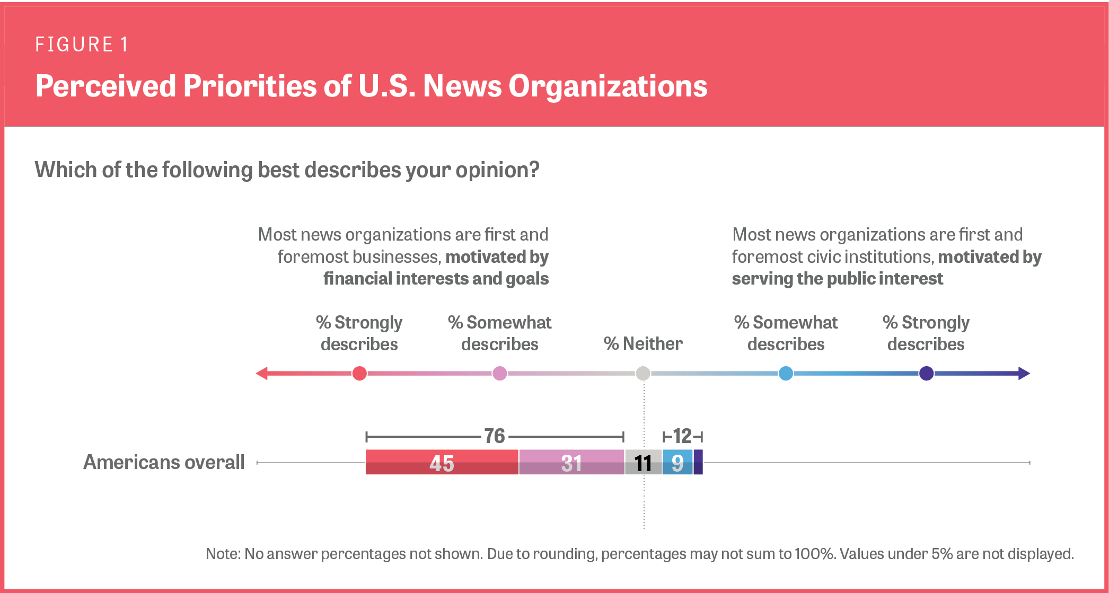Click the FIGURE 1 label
[x=82, y=45]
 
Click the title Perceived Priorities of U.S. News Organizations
[x=371, y=86]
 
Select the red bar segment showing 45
[x=441, y=463]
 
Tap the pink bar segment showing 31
[x=571, y=463]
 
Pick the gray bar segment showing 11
[x=643, y=463]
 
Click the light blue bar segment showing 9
[x=677, y=463]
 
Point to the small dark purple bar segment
[x=698, y=462]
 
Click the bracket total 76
[x=494, y=436]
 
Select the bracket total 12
[x=682, y=436]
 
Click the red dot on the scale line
[x=359, y=374]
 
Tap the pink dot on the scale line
[x=499, y=374]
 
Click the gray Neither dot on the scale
[x=643, y=374]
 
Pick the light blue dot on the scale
[x=786, y=374]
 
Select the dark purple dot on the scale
[x=926, y=374]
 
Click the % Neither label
[x=643, y=344]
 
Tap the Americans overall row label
[x=164, y=462]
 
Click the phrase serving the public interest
[x=837, y=279]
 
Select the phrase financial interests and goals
[x=436, y=279]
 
